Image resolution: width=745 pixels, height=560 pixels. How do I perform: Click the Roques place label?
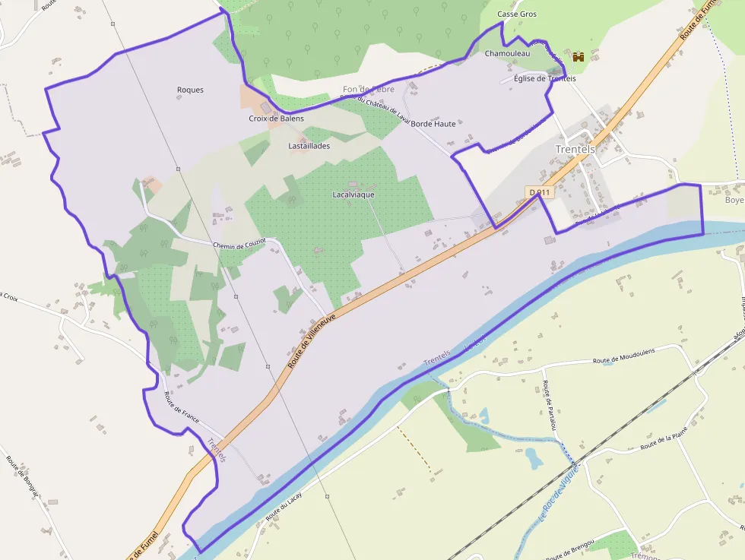pyautogui.click(x=190, y=90)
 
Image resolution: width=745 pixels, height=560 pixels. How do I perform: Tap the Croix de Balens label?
pyautogui.click(x=276, y=119)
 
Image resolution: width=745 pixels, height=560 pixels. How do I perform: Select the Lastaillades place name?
pyautogui.click(x=309, y=146)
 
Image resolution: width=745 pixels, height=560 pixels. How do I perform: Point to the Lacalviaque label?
pyautogui.click(x=353, y=195)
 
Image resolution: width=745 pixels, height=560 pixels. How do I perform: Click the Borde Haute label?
pyautogui.click(x=433, y=123)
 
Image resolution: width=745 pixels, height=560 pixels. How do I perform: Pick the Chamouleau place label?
pyautogui.click(x=507, y=53)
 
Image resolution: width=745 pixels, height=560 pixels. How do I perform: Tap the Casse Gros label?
pyautogui.click(x=517, y=14)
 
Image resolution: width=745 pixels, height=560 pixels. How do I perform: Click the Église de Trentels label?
pyautogui.click(x=545, y=79)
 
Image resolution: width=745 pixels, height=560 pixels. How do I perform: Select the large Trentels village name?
pyautogui.click(x=575, y=149)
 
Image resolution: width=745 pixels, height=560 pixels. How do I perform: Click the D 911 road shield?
pyautogui.click(x=538, y=193)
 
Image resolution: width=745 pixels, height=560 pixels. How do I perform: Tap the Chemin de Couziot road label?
pyautogui.click(x=239, y=245)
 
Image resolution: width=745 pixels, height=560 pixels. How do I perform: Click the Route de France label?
pyautogui.click(x=181, y=407)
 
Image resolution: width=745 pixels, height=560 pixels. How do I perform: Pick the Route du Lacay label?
pyautogui.click(x=284, y=506)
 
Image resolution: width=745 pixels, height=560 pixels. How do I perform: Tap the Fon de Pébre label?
pyautogui.click(x=369, y=90)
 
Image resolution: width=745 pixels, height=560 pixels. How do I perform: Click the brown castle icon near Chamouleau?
pyautogui.click(x=579, y=56)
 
